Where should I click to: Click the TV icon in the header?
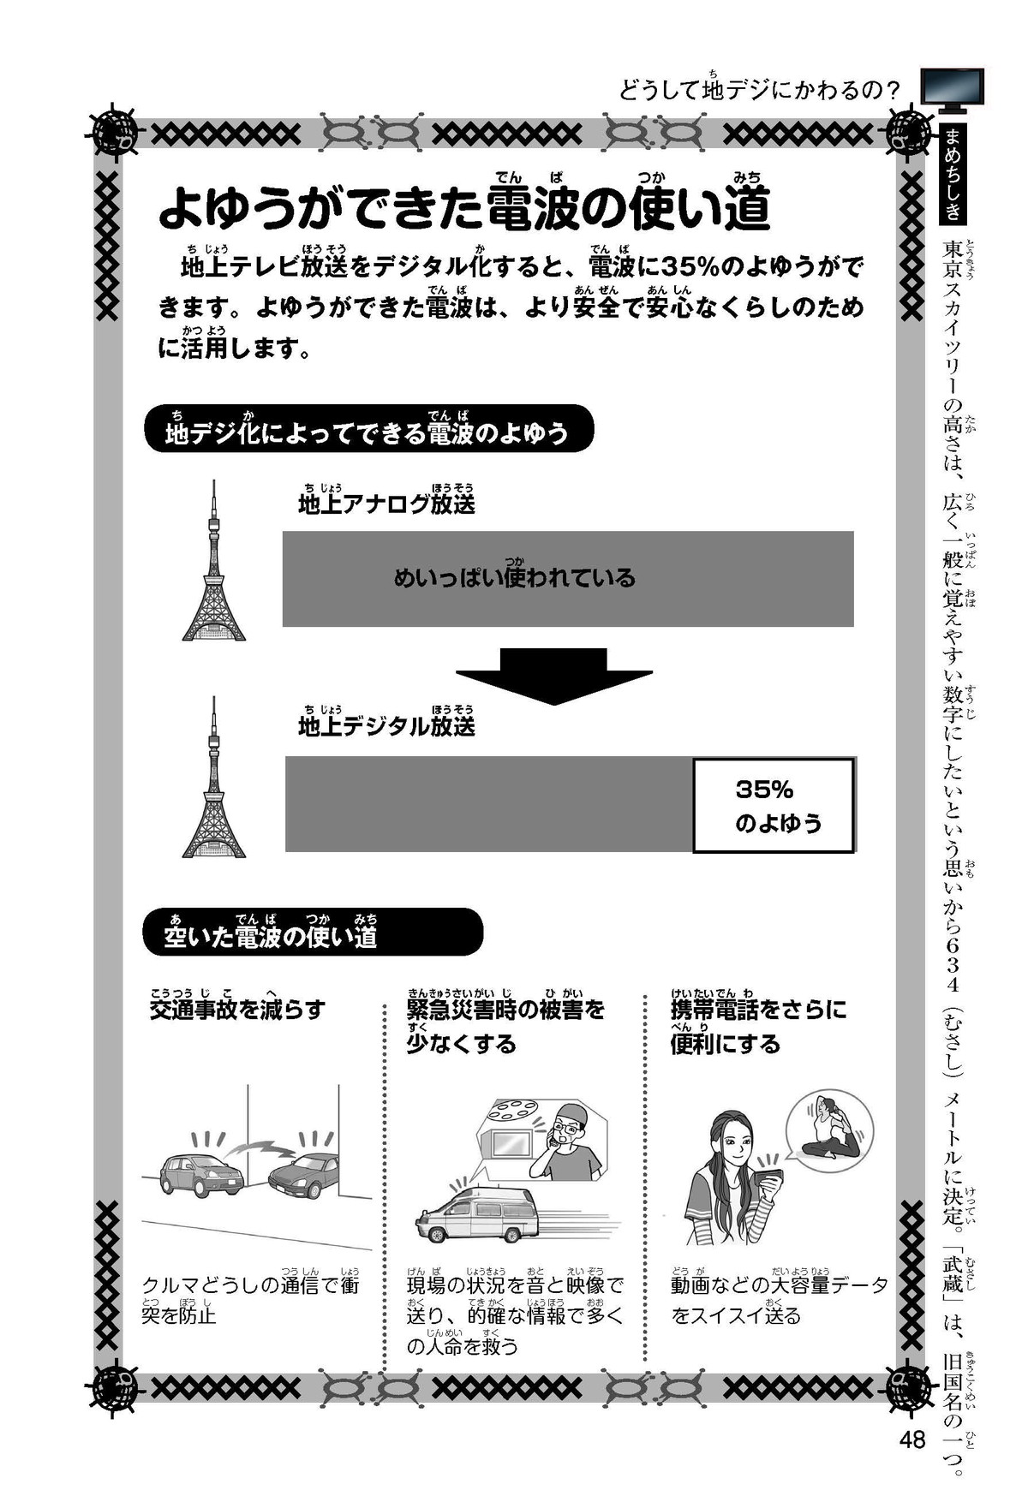coord(952,90)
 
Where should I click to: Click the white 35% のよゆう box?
coord(774,806)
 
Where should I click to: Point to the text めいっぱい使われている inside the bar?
coord(514,578)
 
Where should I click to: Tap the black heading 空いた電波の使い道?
coord(312,933)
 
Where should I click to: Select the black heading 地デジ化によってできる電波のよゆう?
coord(368,429)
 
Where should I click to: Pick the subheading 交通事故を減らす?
coord(237,1009)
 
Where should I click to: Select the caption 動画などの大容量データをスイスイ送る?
coord(779,1300)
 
